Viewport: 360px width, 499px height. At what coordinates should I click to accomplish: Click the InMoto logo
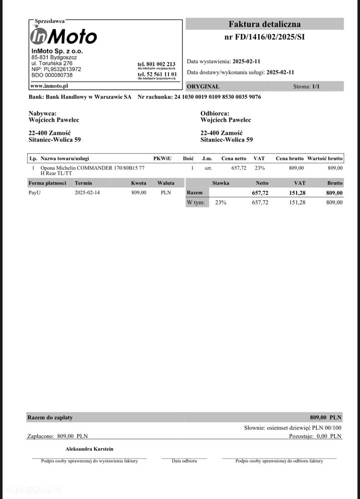pos(63,36)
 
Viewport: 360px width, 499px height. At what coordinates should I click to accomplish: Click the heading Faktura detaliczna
pos(264,24)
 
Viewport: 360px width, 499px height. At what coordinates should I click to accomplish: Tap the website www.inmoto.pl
pos(49,86)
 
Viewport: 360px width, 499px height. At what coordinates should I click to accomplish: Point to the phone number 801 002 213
pos(157,64)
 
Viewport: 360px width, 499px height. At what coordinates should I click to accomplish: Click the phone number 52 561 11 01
pos(157,74)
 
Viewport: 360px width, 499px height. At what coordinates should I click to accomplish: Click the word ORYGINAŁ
pos(203,86)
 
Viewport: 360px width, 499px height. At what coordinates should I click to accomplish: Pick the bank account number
pos(217,97)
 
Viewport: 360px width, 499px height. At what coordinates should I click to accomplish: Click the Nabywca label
pos(43,114)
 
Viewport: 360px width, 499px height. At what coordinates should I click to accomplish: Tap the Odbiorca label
pos(215,114)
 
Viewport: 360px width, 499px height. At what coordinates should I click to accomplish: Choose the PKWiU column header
pos(163,158)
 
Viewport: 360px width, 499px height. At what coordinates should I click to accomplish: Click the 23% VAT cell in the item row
pos(259,168)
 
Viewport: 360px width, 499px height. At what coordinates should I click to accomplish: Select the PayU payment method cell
pos(35,193)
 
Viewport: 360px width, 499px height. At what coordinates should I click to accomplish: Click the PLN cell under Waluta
pos(166,193)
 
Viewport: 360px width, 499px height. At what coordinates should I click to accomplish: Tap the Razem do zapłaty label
pos(50,417)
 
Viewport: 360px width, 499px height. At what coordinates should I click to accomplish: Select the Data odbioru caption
pos(184,461)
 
